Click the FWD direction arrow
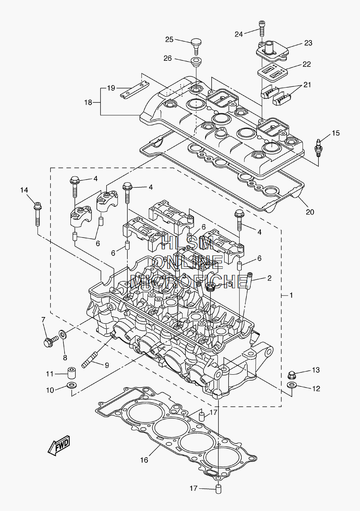click(59, 446)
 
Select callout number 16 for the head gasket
click(144, 460)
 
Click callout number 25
click(169, 39)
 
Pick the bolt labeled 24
click(262, 28)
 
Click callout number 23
click(308, 43)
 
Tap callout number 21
click(307, 85)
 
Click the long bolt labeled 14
click(38, 214)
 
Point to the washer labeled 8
click(63, 334)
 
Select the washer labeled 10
click(72, 386)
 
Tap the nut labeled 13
click(291, 374)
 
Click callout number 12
click(316, 388)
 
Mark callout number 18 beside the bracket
click(88, 102)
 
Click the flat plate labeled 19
click(135, 90)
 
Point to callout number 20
click(310, 212)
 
